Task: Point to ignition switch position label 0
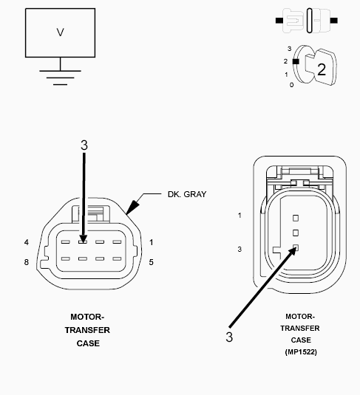(291, 85)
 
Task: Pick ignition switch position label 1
(286, 74)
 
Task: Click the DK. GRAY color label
(186, 195)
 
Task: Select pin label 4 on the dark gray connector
(26, 242)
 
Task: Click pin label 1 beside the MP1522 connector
(240, 215)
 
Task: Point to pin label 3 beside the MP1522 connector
(240, 250)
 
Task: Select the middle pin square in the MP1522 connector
(295, 233)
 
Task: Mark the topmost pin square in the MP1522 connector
(295, 218)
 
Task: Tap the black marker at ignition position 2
(296, 62)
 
